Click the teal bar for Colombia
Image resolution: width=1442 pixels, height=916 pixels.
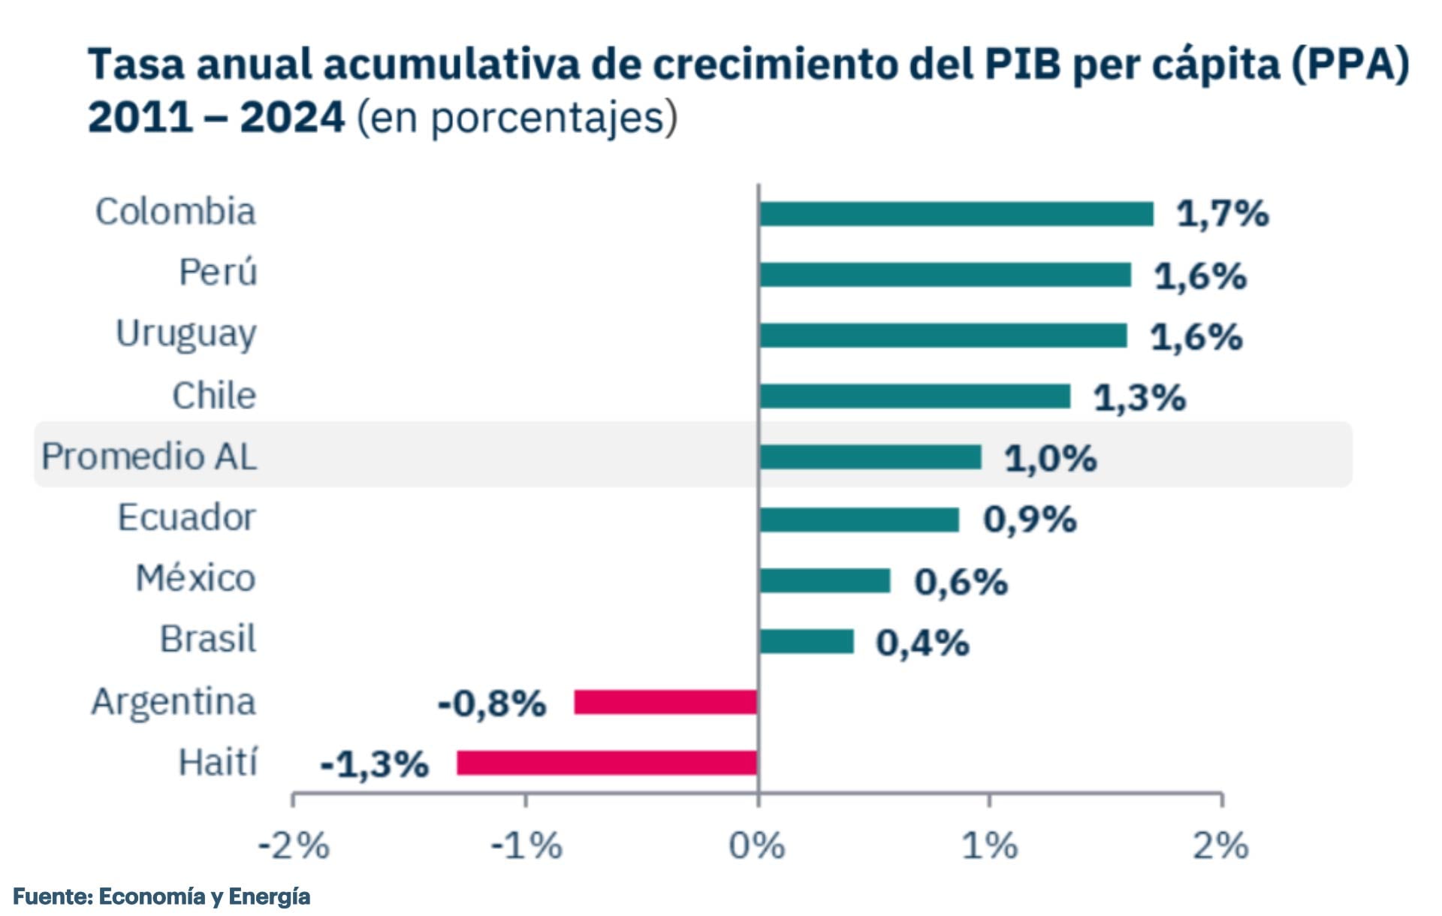point(955,214)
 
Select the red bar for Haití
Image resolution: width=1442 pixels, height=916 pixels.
point(607,763)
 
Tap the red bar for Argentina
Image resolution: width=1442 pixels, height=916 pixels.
point(665,702)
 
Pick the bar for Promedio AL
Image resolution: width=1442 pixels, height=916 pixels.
point(870,457)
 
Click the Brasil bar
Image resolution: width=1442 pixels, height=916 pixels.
point(806,641)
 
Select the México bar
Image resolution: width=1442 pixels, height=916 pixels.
point(824,580)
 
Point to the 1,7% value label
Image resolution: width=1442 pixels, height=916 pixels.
point(1222,214)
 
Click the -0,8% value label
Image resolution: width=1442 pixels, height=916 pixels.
point(492,704)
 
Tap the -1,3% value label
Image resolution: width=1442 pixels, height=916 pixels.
point(374,764)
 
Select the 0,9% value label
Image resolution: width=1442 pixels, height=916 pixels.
point(1030,520)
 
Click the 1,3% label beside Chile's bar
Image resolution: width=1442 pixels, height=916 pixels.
point(1139,397)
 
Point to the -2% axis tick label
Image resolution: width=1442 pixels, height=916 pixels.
point(294,846)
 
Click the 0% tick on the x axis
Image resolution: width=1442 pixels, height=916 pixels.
point(757,846)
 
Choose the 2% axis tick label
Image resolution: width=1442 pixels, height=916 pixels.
point(1220,846)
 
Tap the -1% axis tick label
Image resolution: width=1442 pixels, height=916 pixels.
point(526,846)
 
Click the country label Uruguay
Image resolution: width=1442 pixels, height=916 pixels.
point(186,334)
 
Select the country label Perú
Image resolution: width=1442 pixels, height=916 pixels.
point(218,273)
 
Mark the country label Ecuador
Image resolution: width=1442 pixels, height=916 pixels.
point(186,518)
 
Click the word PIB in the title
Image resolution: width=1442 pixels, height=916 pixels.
point(1023,65)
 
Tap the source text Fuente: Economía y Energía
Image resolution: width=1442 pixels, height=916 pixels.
point(161,896)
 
